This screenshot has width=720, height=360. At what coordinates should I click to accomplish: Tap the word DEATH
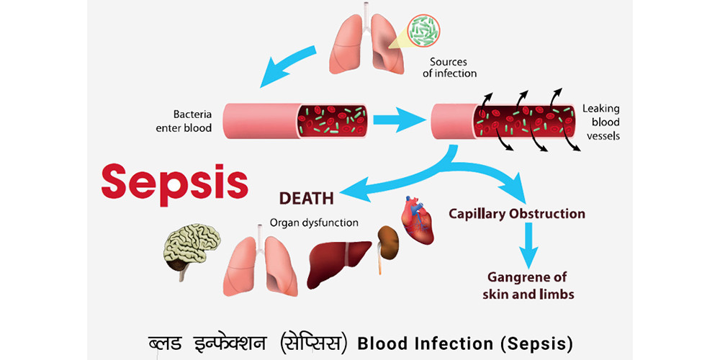tap(307, 199)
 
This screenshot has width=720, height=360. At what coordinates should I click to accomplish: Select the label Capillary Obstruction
tap(516, 214)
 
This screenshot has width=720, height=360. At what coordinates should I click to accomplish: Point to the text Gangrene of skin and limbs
tap(527, 286)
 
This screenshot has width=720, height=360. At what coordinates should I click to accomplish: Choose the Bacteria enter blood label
tap(184, 120)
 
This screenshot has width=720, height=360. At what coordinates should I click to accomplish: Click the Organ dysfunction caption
tap(314, 224)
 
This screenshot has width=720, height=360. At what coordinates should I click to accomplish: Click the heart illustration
tap(417, 220)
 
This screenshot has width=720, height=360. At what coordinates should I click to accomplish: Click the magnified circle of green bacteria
tap(424, 30)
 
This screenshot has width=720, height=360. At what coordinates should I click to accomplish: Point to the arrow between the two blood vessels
tap(399, 120)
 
